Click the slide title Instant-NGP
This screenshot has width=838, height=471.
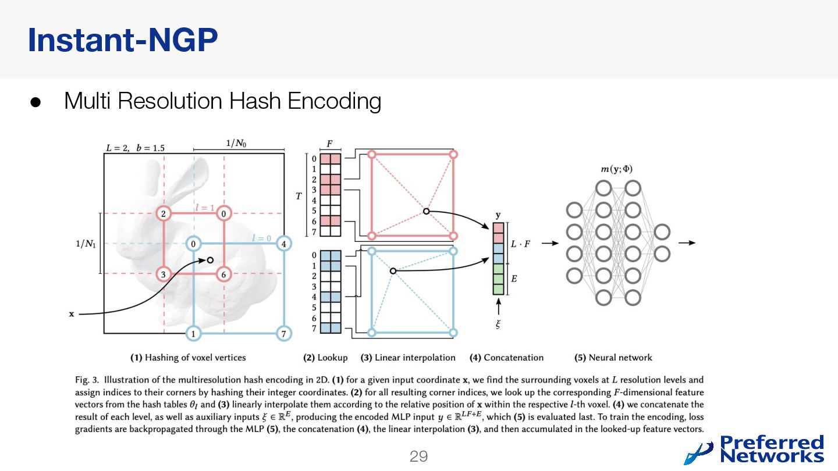[x=123, y=40]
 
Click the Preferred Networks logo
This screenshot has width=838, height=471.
[x=754, y=449]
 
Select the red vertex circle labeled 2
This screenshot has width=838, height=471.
[x=164, y=214]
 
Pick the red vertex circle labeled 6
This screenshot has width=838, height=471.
[x=224, y=274]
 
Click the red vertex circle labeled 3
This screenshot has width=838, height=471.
[x=164, y=274]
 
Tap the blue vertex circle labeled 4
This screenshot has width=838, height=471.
[x=283, y=244]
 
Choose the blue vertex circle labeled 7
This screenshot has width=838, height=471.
[x=283, y=334]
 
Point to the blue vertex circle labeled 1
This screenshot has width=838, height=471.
[x=193, y=334]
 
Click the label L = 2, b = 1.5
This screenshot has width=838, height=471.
[x=135, y=148]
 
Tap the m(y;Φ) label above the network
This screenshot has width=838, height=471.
[x=616, y=169]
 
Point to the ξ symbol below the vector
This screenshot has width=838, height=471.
[x=498, y=324]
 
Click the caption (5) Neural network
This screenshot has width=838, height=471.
[x=613, y=358]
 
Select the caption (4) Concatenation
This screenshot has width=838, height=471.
[x=506, y=358]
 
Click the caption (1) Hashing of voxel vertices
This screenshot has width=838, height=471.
[x=187, y=358]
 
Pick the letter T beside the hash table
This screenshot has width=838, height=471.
[x=299, y=197]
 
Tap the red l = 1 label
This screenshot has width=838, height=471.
[x=204, y=208]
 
